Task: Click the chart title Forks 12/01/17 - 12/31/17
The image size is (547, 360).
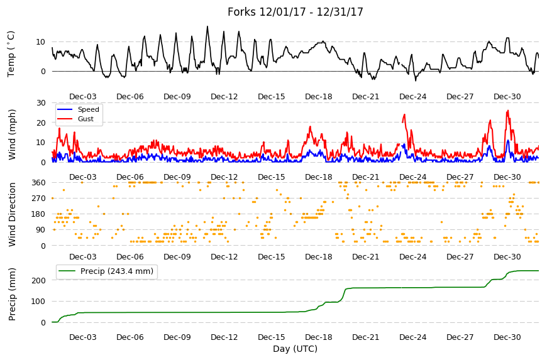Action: [295, 12]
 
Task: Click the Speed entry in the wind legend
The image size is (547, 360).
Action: [88, 109]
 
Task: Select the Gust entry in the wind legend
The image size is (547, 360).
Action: [86, 119]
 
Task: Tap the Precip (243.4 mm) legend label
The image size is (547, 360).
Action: [117, 271]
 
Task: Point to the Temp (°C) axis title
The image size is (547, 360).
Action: [11, 54]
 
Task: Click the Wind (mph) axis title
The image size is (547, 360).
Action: [12, 134]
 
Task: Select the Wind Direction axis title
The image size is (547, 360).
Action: [12, 215]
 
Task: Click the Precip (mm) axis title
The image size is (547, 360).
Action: [12, 294]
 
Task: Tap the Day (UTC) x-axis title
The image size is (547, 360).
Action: [295, 349]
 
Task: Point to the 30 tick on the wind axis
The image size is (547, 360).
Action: [41, 103]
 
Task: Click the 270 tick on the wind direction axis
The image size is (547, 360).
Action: [39, 199]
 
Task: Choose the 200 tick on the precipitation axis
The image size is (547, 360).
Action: [39, 281]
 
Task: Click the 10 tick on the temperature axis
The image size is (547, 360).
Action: [41, 42]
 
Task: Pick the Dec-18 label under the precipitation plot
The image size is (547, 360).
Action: [319, 337]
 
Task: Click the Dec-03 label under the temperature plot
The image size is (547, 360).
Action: [82, 97]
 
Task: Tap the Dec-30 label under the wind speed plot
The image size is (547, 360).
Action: [507, 177]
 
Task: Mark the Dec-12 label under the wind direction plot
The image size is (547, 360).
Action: [224, 257]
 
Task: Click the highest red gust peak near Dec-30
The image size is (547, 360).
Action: [507, 111]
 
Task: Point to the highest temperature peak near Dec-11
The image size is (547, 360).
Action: [207, 26]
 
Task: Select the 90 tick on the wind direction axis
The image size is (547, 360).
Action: [41, 230]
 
